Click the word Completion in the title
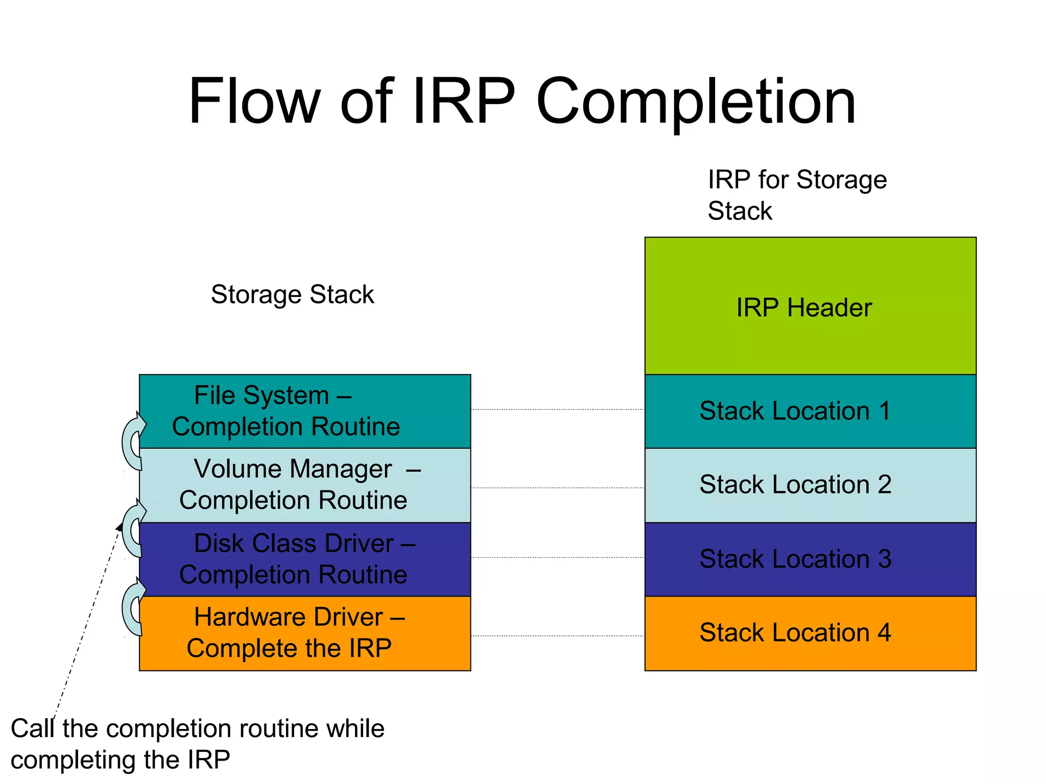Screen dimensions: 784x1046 pos(696,102)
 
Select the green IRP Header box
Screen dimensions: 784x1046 pos(810,306)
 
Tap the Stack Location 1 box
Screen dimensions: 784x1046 pos(810,411)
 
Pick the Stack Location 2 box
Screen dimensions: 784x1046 pos(810,485)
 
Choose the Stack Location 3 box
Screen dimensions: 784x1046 pos(810,559)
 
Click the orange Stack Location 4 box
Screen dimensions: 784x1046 pos(810,633)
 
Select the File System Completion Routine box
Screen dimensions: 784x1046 pos(305,411)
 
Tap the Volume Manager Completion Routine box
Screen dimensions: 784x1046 pos(305,485)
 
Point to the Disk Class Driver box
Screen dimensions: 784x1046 pos(305,559)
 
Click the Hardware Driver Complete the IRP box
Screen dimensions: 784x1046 pos(305,633)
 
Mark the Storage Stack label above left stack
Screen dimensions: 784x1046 pos(292,295)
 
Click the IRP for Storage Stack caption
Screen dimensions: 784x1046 pos(797,195)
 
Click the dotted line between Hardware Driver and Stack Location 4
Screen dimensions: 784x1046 pos(557,636)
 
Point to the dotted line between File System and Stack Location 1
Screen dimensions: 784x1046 pos(557,409)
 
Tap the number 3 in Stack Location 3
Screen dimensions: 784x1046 pos(884,559)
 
